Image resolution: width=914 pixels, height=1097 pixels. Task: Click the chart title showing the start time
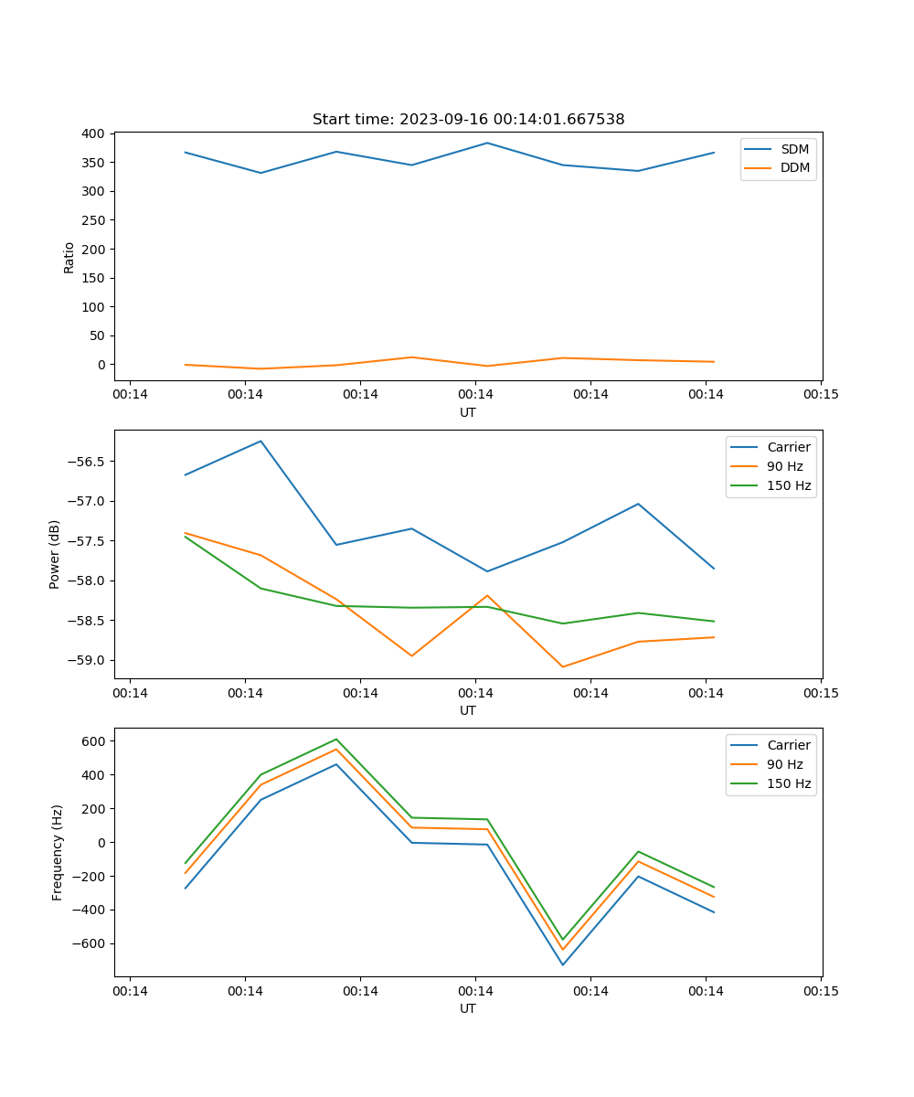click(468, 120)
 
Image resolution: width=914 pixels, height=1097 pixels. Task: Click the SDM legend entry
click(794, 149)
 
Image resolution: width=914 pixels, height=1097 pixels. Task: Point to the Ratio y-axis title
click(69, 257)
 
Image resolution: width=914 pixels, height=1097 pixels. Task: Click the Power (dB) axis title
click(55, 554)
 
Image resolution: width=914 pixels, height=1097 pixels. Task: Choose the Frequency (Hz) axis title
click(58, 852)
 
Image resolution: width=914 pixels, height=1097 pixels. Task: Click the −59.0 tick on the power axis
click(87, 660)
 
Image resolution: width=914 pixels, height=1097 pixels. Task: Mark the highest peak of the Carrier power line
click(260, 441)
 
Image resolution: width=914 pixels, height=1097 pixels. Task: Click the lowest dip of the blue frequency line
click(562, 964)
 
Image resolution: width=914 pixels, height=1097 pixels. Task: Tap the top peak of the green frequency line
click(336, 739)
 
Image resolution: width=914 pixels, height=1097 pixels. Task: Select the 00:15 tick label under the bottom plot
click(821, 990)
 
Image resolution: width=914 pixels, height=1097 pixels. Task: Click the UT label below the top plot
click(468, 412)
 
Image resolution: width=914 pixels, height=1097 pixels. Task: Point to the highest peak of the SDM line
click(487, 143)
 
